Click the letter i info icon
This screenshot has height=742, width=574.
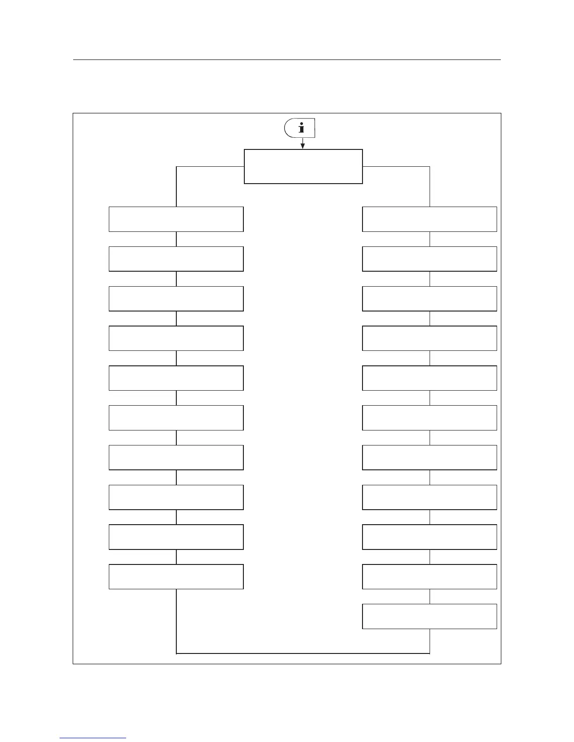click(301, 128)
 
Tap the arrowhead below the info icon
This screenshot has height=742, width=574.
click(302, 146)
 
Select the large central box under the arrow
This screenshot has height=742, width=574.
click(303, 166)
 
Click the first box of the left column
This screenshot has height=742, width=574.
click(176, 219)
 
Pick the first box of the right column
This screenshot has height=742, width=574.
click(430, 219)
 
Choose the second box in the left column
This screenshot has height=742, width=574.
click(176, 259)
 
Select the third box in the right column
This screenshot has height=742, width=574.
click(430, 298)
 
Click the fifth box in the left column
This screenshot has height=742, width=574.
click(176, 378)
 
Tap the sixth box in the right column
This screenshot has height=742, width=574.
click(430, 417)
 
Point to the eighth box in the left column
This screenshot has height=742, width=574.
click(176, 497)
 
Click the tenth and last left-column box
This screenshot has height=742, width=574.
click(176, 576)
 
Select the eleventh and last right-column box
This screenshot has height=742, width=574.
click(430, 616)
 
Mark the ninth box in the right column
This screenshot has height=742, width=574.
click(430, 536)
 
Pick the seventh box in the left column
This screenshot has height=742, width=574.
click(176, 457)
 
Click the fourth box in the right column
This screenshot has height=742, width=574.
click(430, 338)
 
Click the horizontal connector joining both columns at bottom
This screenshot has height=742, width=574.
click(303, 653)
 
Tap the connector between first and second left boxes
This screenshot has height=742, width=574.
click(176, 239)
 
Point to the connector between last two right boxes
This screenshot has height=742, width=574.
click(430, 596)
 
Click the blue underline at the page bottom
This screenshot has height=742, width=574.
click(93, 738)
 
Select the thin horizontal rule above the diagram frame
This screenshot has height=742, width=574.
click(287, 60)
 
